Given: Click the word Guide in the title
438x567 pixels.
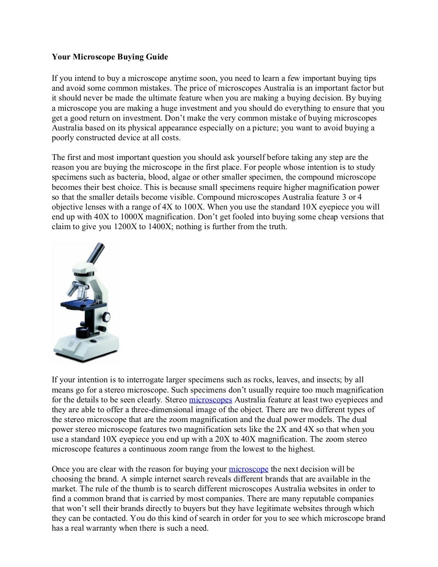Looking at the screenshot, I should (x=157, y=57).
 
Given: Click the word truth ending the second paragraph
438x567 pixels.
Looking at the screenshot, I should (x=276, y=227).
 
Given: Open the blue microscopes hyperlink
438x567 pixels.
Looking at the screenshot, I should (x=210, y=400).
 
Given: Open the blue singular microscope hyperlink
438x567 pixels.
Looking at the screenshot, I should (x=249, y=469).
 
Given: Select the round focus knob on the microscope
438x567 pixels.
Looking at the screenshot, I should (x=106, y=317).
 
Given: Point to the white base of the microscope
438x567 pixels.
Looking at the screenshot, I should (x=86, y=346).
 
